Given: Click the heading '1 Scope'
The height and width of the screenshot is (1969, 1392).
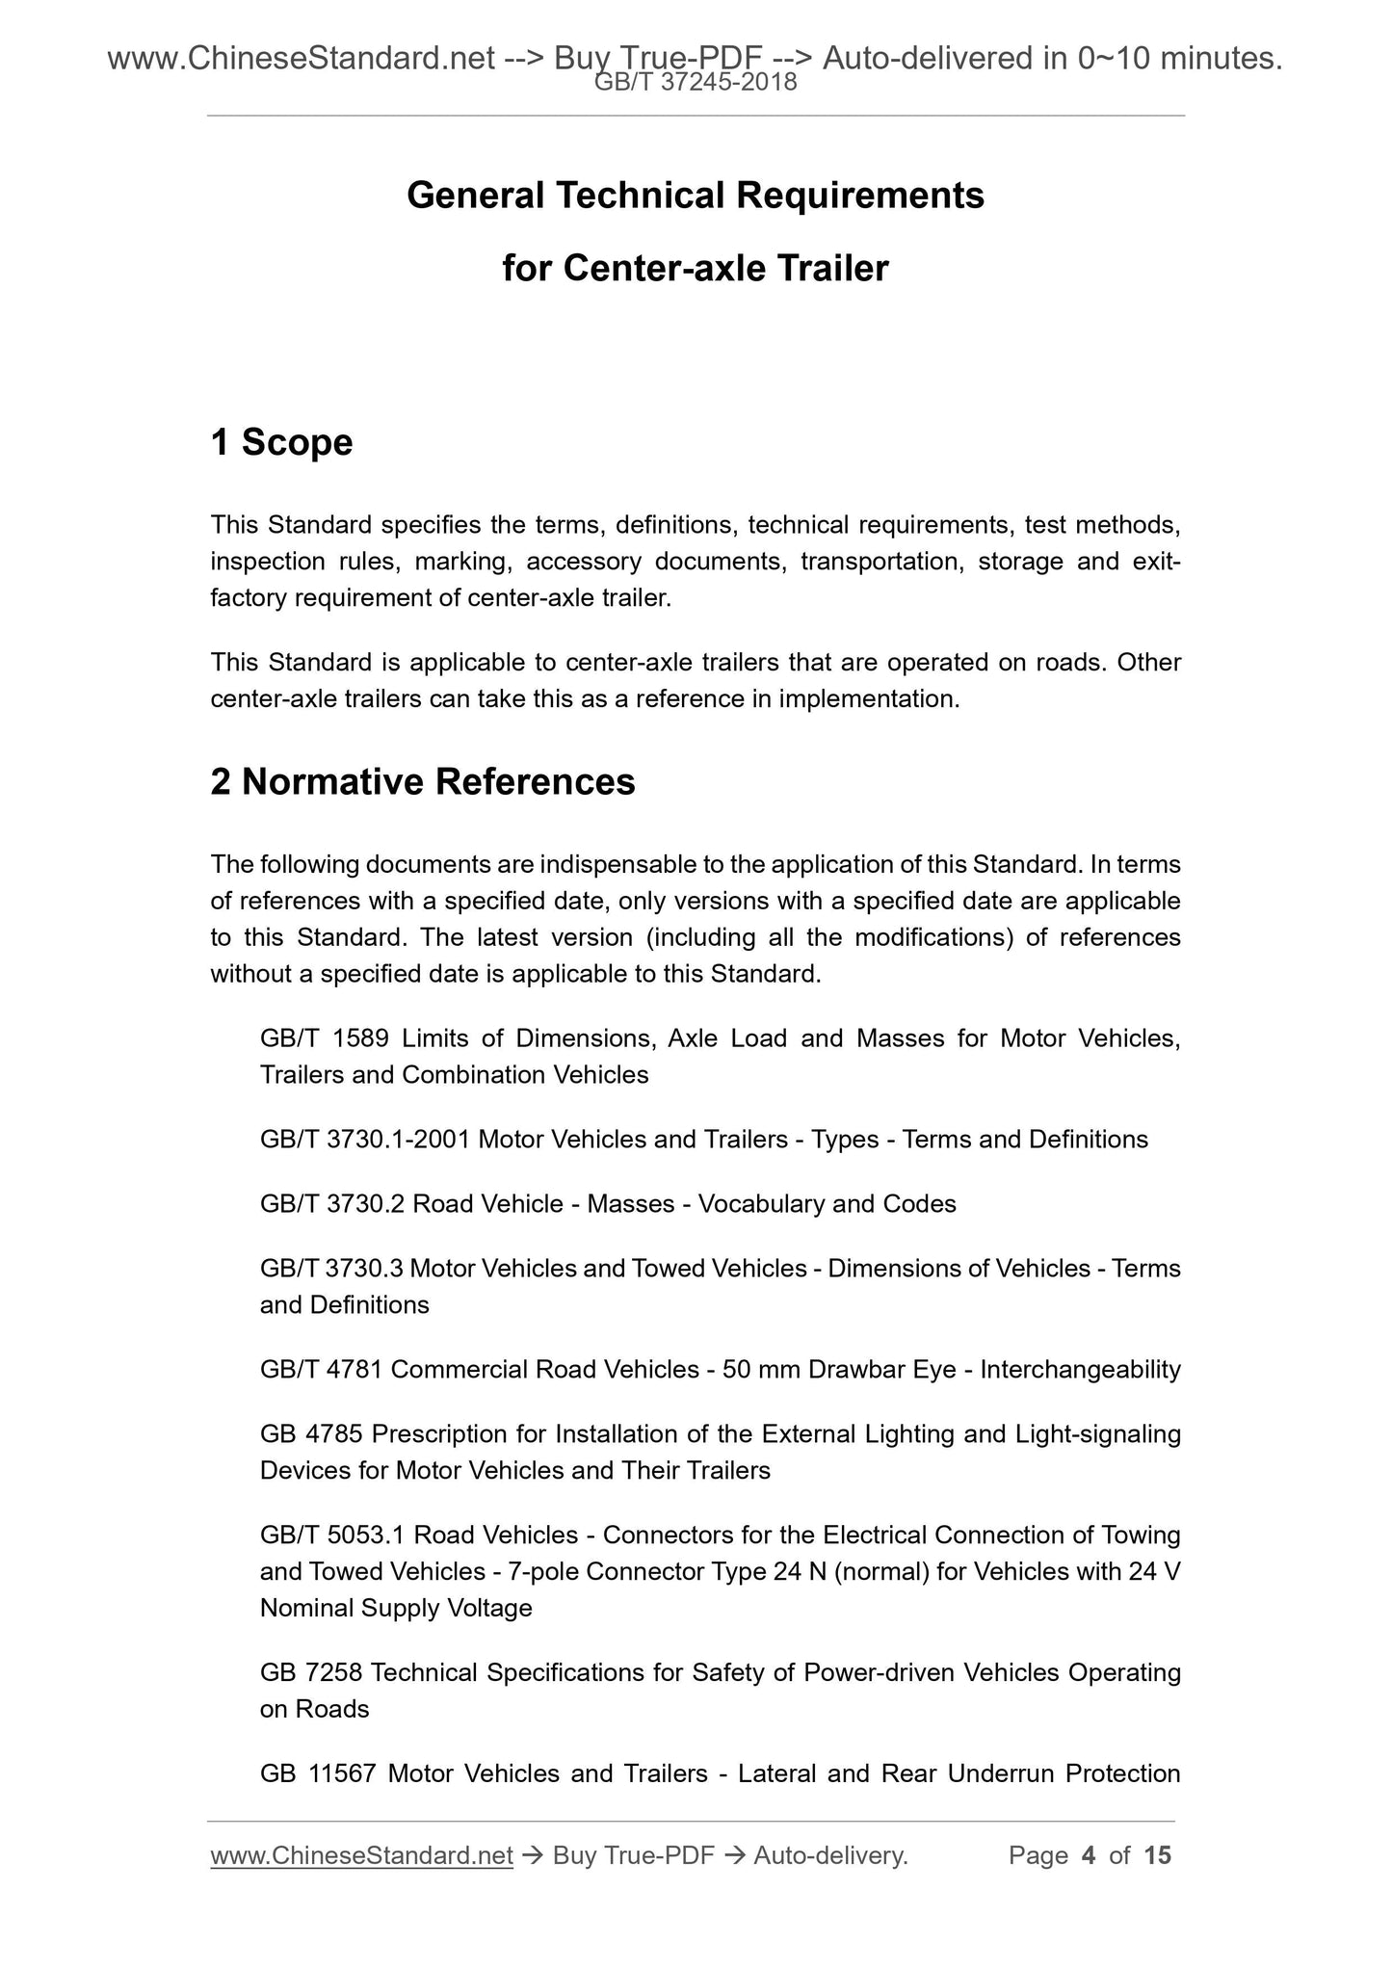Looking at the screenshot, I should point(281,442).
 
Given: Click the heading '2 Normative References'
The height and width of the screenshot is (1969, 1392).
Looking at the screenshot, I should point(423,781).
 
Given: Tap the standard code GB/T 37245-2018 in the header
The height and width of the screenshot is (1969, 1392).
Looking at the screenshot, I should point(696,84).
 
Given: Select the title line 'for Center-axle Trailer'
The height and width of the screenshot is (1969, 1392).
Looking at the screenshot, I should point(695,268).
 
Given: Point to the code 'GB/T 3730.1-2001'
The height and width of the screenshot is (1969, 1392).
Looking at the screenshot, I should point(365,1140).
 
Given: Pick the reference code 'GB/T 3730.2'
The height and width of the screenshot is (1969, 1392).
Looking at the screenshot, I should point(332,1204).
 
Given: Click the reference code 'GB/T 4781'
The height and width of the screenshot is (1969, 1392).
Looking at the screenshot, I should point(322,1370).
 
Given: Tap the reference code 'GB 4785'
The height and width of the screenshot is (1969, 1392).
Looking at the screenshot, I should point(311,1434).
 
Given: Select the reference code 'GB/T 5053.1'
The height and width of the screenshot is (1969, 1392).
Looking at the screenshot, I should point(332,1535).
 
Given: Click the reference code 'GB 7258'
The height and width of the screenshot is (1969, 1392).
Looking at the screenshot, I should point(311,1673).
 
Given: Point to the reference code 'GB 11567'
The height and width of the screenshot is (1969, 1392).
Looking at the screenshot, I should point(317,1773).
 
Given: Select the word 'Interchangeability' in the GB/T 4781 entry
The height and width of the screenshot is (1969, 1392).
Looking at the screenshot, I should point(1080,1370).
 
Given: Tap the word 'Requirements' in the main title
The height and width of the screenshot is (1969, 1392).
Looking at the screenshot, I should point(860,196).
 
